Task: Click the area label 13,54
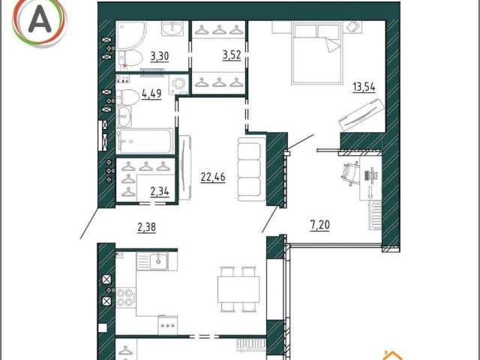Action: coord(364,87)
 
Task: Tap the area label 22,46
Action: coord(213,177)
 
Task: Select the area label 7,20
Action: coord(320,225)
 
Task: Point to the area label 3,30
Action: coord(160,56)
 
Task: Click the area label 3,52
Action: coord(232,55)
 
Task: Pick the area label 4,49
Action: coord(151,93)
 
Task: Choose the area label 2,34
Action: coord(160,191)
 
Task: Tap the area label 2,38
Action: coord(147,227)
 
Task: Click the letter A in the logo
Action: coord(40,19)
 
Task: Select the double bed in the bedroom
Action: coord(316,53)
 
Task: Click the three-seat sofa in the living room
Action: coord(252,169)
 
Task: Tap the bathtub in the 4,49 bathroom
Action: coord(145,141)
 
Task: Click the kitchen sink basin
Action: coord(158,261)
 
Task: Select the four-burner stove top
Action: coord(126,298)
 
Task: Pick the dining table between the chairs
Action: coord(238,289)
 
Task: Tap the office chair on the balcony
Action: coord(350,173)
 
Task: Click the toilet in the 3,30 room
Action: coord(131,58)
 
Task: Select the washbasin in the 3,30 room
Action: coord(172,28)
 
